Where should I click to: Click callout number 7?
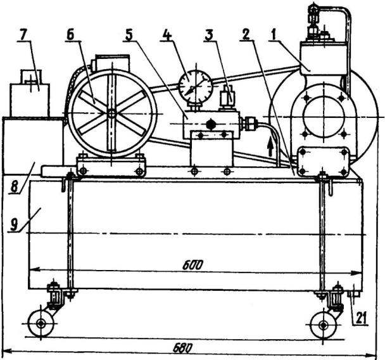click(x=23, y=36)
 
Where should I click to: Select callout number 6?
click(x=70, y=35)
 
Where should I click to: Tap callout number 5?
click(x=129, y=35)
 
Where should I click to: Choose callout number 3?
click(x=209, y=35)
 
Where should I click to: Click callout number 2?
click(x=246, y=34)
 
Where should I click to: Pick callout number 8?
click(x=15, y=187)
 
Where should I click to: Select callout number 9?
click(x=15, y=224)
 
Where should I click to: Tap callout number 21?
click(x=361, y=318)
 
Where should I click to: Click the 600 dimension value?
click(x=193, y=265)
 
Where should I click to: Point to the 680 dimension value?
click(x=183, y=348)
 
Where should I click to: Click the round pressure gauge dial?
click(x=196, y=86)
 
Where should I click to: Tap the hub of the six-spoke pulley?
click(x=112, y=113)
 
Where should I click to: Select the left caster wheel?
click(x=41, y=324)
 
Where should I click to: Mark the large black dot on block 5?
click(x=210, y=124)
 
